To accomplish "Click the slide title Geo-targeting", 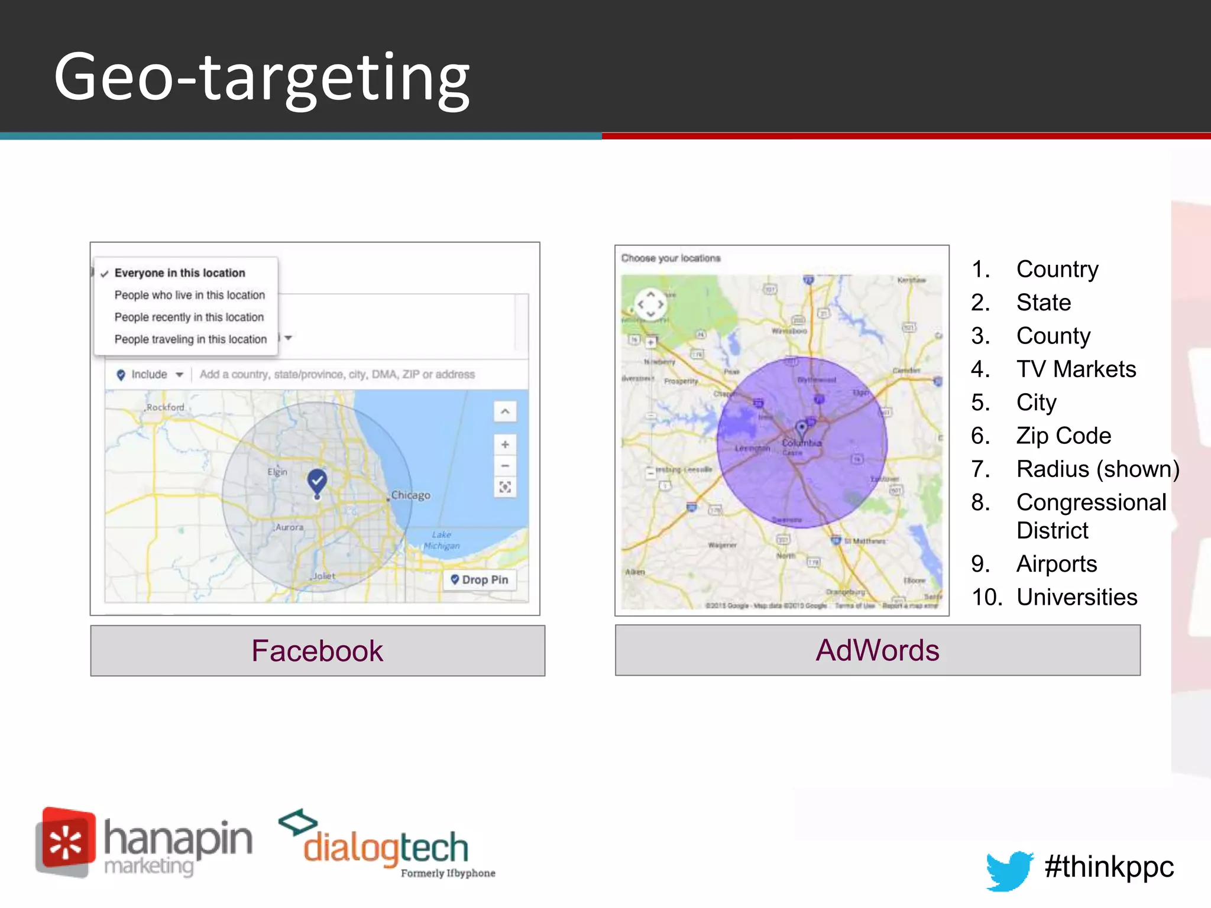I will (262, 77).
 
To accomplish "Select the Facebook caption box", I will (318, 650).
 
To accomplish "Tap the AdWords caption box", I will (878, 650).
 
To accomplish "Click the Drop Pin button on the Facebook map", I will (480, 580).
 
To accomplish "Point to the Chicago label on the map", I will (410, 495).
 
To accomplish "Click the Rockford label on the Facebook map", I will (165, 407).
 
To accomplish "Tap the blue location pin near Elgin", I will (318, 481).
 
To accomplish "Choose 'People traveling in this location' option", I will (190, 339).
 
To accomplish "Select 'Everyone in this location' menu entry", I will (180, 273).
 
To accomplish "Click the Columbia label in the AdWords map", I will (802, 443).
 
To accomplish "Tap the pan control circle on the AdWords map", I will (650, 304).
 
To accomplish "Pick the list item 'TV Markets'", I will (1076, 369).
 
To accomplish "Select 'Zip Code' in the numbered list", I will (1064, 436).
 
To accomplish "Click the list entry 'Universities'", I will (1077, 597).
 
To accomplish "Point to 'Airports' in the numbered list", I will (1057, 564).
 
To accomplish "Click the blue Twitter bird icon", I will (1009, 870).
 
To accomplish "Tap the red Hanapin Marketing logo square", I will (66, 842).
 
